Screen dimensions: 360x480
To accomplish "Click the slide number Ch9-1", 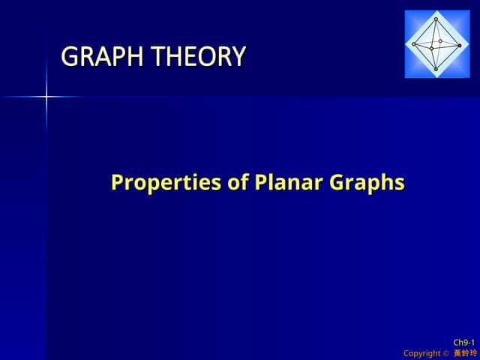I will coord(464,342).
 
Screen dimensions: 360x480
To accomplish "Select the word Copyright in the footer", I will coord(421,353).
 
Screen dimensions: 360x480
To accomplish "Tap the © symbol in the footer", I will coord(445,353).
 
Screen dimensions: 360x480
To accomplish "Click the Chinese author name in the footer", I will coord(464,353).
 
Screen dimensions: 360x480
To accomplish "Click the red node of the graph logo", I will coord(460,46).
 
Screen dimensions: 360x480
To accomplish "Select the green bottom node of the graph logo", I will coord(436,69).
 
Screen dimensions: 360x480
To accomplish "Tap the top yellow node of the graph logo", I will coord(436,19).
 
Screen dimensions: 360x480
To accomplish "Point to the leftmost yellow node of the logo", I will coord(413,44).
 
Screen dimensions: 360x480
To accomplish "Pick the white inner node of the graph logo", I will coord(441,41).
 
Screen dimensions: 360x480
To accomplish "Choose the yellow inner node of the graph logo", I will coord(431,48).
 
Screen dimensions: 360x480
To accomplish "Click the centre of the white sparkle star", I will coord(46,96).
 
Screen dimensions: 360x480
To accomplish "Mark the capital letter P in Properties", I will coord(117,182).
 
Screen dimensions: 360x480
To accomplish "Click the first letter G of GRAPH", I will coord(69,57).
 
